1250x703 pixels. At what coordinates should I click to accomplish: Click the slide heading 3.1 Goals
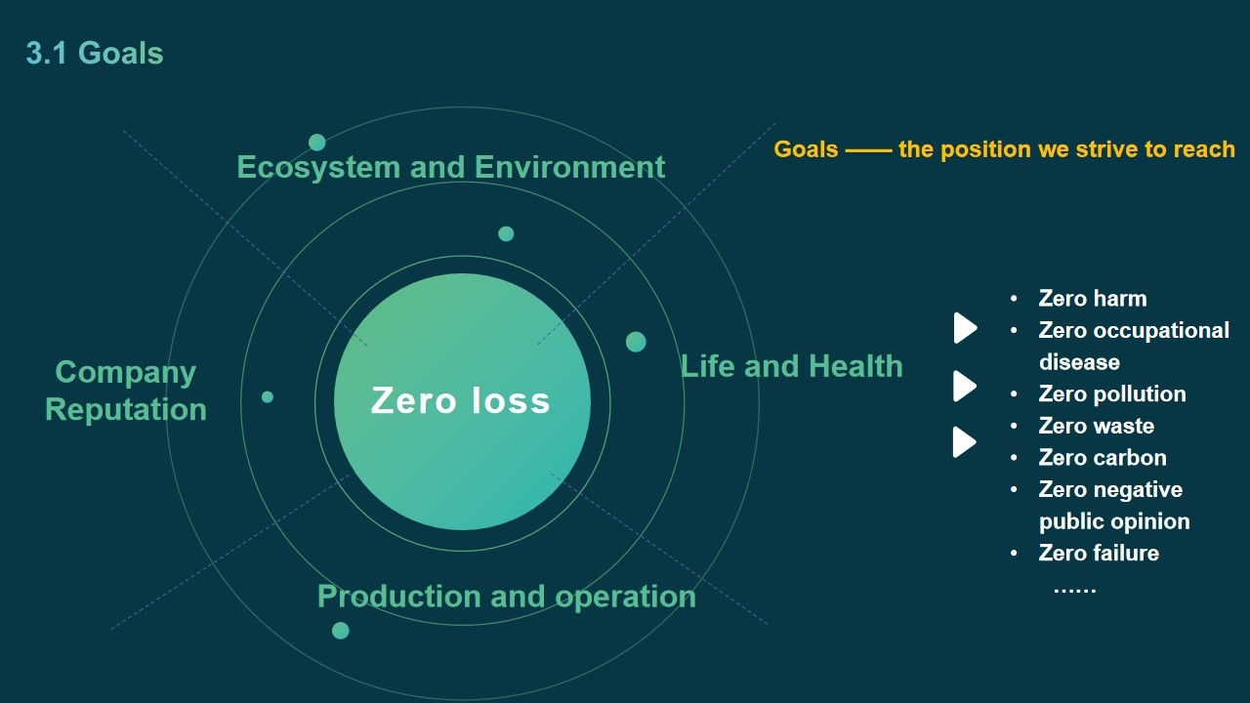(95, 54)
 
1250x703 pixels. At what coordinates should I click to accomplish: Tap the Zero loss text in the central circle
(460, 400)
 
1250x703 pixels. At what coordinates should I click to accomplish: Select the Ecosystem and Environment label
(451, 167)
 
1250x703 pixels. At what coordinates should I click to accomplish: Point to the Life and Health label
(792, 366)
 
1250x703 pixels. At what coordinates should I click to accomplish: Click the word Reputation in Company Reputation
(126, 409)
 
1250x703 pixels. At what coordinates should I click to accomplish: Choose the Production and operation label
(507, 597)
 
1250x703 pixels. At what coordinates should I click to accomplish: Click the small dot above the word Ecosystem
(317, 143)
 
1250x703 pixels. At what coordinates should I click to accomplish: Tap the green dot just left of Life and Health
(636, 342)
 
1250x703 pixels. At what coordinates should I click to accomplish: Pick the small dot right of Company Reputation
(268, 396)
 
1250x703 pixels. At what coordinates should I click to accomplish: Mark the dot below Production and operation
(341, 631)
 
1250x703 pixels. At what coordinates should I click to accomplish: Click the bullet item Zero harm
(1093, 299)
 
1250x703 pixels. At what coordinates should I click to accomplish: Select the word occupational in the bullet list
(1161, 331)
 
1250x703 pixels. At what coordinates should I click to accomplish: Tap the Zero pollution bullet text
(1112, 393)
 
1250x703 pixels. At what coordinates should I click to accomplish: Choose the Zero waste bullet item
(1097, 427)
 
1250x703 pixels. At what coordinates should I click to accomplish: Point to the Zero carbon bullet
(1103, 458)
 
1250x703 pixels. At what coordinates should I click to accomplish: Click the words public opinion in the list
(1114, 522)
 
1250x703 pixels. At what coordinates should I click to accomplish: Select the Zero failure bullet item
(1099, 554)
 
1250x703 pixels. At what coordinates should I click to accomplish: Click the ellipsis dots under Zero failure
(1075, 591)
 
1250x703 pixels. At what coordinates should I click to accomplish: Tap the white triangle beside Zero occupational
(965, 328)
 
